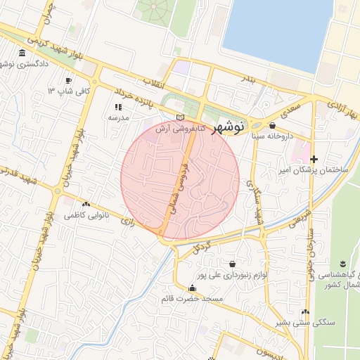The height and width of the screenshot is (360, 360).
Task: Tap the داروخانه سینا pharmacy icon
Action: pyautogui.click(x=272, y=126)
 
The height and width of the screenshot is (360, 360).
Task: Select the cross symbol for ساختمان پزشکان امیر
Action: pyautogui.click(x=314, y=160)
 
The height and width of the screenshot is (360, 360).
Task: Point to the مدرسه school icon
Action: pyautogui.click(x=118, y=107)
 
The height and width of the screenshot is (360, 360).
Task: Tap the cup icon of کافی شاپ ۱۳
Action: pyautogui.click(x=68, y=80)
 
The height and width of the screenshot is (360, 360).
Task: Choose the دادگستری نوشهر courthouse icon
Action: pyautogui.click(x=22, y=53)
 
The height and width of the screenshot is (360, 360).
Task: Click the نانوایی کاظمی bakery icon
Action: pyautogui.click(x=86, y=204)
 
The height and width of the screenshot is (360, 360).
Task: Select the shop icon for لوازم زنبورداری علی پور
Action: pyautogui.click(x=232, y=264)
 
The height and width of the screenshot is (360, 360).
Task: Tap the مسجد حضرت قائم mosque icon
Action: pyautogui.click(x=193, y=288)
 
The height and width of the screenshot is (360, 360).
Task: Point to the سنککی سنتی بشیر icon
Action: pyautogui.click(x=305, y=311)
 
